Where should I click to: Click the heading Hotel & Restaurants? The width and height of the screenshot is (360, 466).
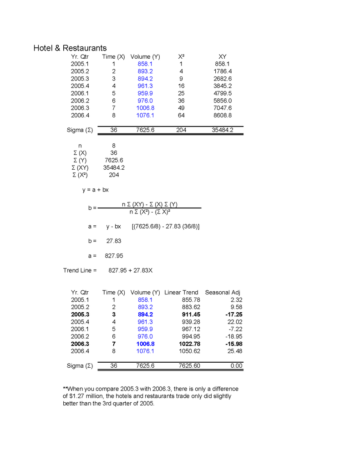tap(70, 48)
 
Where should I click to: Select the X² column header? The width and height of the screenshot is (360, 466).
tap(181, 57)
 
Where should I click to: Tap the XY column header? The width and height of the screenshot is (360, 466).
tap(223, 57)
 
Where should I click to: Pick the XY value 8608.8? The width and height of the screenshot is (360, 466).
tap(223, 116)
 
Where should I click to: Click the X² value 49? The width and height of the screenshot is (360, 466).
tap(181, 108)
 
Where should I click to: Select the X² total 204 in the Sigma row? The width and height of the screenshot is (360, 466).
tap(181, 130)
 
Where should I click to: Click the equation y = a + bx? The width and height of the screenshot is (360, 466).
tap(96, 190)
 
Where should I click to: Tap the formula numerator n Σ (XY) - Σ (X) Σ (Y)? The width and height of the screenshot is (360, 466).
tap(149, 204)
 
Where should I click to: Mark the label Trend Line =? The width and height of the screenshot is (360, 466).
tap(80, 270)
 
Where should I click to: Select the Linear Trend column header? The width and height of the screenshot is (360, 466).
tap(181, 292)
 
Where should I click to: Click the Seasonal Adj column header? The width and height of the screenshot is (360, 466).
tap(223, 292)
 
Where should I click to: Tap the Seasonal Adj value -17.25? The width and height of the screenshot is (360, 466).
tap(232, 314)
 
